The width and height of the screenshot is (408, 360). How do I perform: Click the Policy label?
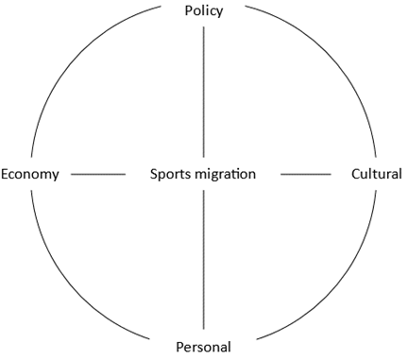coord(204,11)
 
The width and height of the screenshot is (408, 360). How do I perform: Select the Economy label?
coord(30,175)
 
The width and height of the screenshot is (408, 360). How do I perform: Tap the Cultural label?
coord(377,174)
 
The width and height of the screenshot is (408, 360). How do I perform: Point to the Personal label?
coord(203,347)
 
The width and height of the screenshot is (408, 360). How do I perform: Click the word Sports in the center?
coord(168,175)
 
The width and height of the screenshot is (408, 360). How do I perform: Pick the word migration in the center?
coord(223,175)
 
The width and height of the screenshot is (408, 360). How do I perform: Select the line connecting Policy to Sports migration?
coord(203,92)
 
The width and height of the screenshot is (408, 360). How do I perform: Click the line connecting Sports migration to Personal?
coord(203,260)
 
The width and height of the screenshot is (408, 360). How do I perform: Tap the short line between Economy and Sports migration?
coord(98,174)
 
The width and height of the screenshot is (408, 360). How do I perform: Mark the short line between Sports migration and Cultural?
coord(306,174)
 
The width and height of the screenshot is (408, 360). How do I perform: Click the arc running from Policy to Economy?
coord(72,57)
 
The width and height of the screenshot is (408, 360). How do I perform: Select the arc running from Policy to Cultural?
coord(333,55)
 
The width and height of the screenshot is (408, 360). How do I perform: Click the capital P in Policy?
coord(188,10)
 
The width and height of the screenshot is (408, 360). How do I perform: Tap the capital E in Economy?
coord(4,174)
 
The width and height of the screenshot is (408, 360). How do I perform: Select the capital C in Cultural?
coord(355,174)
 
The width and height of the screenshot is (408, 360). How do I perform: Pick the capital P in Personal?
coord(179,347)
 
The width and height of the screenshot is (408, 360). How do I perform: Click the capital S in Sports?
coord(154,174)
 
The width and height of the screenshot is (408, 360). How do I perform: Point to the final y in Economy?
coord(56,177)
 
